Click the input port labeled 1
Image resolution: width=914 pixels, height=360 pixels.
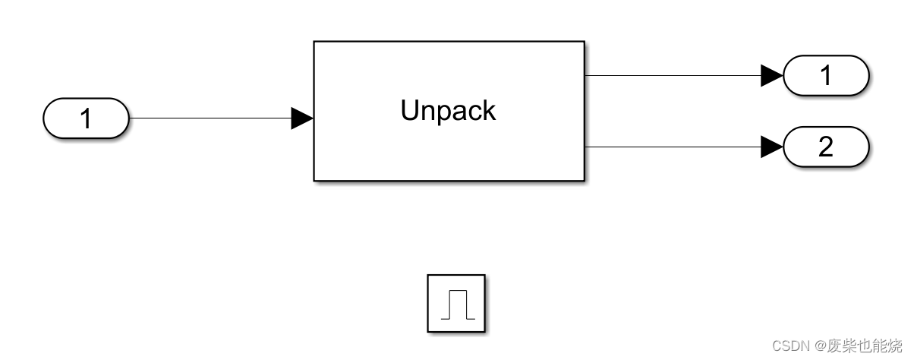(x=87, y=118)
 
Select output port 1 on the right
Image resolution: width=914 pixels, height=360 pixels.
(x=825, y=75)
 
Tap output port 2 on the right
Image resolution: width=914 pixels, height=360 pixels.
(x=825, y=147)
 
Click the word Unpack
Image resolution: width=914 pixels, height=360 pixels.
(x=448, y=111)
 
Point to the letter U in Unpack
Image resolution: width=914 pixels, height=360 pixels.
(x=409, y=111)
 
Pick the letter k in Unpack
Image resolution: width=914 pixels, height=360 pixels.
(x=489, y=111)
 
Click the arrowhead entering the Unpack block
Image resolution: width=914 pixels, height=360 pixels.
(x=302, y=118)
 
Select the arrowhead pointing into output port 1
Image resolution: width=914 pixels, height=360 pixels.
(x=771, y=75)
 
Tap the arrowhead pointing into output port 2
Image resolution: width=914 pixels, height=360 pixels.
(x=771, y=147)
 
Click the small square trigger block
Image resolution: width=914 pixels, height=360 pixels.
(x=455, y=303)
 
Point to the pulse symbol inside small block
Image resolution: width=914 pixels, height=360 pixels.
(x=456, y=304)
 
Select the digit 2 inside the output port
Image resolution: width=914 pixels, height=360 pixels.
(x=825, y=147)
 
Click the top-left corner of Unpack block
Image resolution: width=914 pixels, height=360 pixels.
(x=314, y=43)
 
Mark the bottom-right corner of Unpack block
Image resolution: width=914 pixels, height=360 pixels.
(x=584, y=180)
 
